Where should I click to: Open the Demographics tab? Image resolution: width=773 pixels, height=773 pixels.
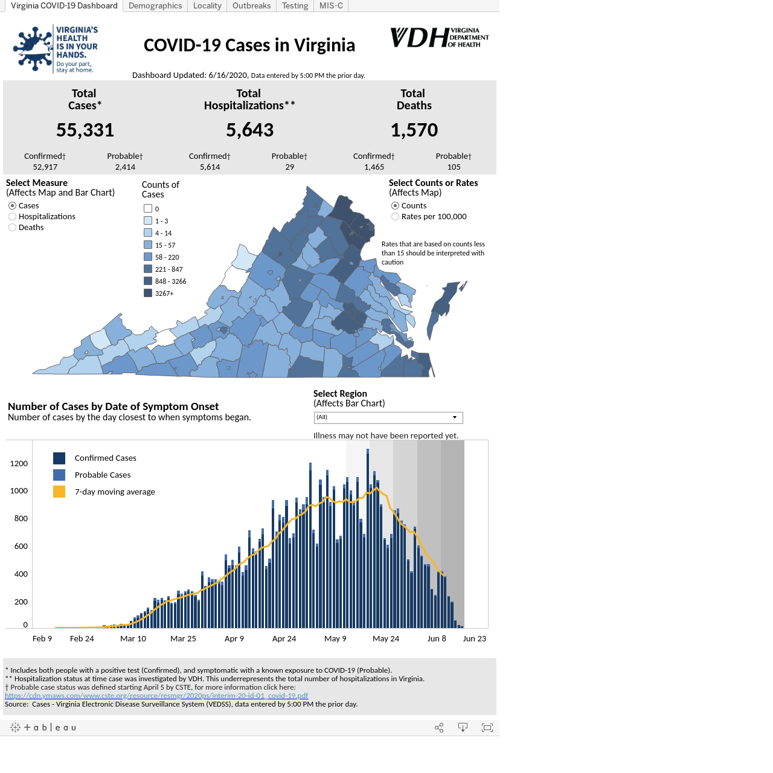pyautogui.click(x=155, y=5)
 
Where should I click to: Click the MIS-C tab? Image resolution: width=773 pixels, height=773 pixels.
pyautogui.click(x=331, y=5)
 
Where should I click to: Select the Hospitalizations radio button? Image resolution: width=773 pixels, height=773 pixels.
pyautogui.click(x=13, y=217)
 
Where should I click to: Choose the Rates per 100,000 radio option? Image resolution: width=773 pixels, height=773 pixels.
pyautogui.click(x=395, y=217)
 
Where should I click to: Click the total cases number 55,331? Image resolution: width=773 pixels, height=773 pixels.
pyautogui.click(x=85, y=130)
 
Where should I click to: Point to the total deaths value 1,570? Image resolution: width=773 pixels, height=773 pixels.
pyautogui.click(x=414, y=130)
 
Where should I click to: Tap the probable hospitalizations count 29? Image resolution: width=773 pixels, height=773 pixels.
pyautogui.click(x=290, y=167)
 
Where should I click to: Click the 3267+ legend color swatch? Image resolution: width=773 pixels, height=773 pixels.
pyautogui.click(x=148, y=293)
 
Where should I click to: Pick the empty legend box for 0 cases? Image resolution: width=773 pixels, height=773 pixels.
pyautogui.click(x=148, y=208)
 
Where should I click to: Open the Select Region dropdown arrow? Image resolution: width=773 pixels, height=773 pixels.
pyautogui.click(x=455, y=417)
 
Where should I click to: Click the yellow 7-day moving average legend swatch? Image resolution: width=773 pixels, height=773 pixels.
pyautogui.click(x=59, y=492)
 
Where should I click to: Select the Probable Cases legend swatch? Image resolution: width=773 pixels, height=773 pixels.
pyautogui.click(x=59, y=475)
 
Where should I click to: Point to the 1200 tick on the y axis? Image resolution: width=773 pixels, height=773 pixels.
pyautogui.click(x=19, y=464)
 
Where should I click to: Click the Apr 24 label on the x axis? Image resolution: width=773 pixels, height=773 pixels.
pyautogui.click(x=284, y=638)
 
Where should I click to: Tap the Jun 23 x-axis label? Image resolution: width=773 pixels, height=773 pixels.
pyautogui.click(x=475, y=638)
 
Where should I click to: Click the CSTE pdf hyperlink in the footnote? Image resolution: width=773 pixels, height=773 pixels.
pyautogui.click(x=156, y=696)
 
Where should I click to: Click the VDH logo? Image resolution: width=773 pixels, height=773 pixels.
pyautogui.click(x=439, y=37)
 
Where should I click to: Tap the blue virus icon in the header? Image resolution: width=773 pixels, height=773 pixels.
pyautogui.click(x=33, y=49)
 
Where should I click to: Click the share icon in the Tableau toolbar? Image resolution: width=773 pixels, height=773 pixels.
pyautogui.click(x=439, y=728)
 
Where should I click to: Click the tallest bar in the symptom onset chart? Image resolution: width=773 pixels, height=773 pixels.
pyautogui.click(x=367, y=538)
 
